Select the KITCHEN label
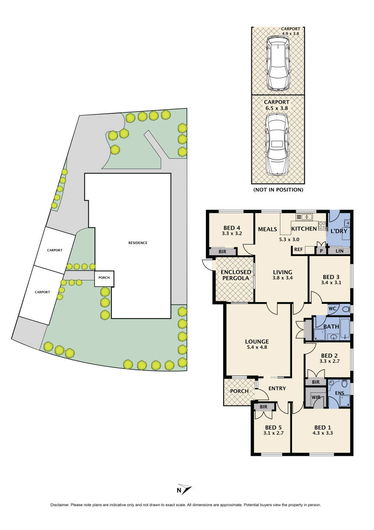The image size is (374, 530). coord(304,229)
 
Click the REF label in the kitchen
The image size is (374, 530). coord(298,250)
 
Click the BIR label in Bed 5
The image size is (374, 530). coord(263,407)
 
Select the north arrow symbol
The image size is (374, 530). coord(185,489)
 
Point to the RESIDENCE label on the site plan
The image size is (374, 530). coord(138,243)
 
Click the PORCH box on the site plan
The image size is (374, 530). coord(104,278)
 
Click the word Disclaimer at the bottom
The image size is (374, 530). coord(60,505)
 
